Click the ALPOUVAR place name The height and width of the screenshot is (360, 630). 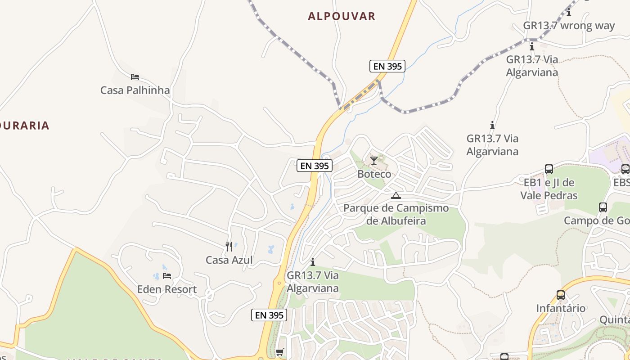tap(342, 16)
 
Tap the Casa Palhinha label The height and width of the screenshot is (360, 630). tap(135, 90)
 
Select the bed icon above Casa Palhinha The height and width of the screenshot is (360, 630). tap(135, 77)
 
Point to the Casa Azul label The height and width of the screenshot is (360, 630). tap(229, 260)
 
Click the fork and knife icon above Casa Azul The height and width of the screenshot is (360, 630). tap(229, 247)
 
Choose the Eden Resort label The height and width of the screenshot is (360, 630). tap(167, 289)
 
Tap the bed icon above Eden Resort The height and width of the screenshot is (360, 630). tap(167, 276)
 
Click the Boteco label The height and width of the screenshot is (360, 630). tap(374, 174)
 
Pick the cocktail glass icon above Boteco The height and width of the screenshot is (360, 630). tap(374, 161)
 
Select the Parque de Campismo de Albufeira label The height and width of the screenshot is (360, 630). tap(396, 214)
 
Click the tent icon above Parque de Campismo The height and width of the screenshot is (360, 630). tap(396, 195)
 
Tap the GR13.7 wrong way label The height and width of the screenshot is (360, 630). tap(569, 26)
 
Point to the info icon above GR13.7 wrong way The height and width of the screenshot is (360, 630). tap(569, 12)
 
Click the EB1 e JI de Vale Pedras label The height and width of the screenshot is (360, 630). tap(549, 189)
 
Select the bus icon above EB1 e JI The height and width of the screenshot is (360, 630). tap(549, 169)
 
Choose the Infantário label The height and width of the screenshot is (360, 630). tap(561, 308)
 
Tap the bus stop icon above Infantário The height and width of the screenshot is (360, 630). tap(561, 295)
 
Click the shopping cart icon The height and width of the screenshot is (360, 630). tap(280, 352)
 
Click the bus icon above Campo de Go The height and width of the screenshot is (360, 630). tap(603, 207)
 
